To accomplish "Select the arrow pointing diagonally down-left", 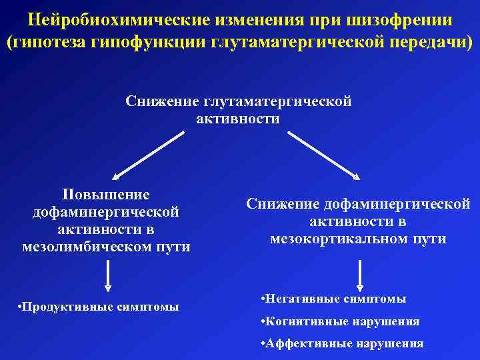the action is point(148,155).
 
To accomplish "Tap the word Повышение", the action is point(106,195).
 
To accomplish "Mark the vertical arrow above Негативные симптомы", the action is point(360,275).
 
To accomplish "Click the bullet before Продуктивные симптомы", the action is point(21,307).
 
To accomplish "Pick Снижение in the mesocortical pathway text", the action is point(283,203).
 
